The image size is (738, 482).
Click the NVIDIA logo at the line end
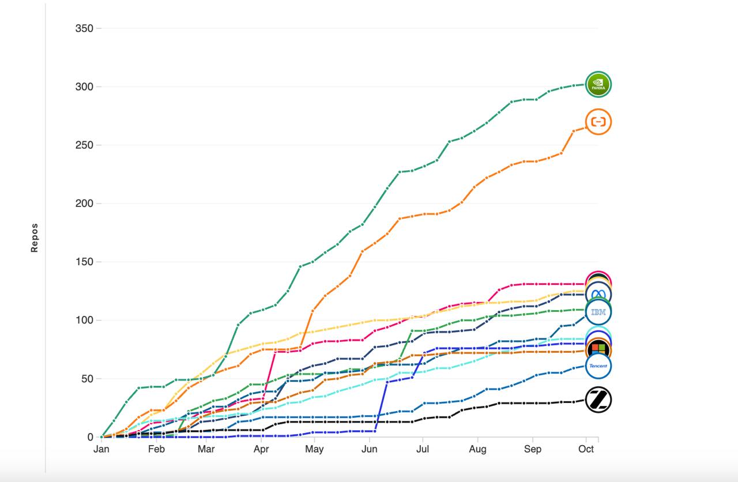[x=598, y=85]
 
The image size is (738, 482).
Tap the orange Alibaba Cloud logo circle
[x=598, y=122]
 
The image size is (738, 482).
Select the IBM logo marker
[x=598, y=312]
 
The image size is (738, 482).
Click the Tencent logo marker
[x=598, y=366]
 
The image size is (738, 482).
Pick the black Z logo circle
[x=598, y=400]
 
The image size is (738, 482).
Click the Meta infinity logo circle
[x=598, y=295]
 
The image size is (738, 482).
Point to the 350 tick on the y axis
[x=84, y=28]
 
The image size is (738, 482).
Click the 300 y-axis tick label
[x=84, y=86]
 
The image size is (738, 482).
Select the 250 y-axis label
[x=84, y=145]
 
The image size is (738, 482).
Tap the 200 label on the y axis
[x=84, y=204]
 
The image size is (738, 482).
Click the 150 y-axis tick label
[x=84, y=262]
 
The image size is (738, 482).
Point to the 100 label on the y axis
[x=84, y=321]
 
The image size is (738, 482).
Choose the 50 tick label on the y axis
[x=86, y=379]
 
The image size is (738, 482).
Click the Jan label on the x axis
[x=101, y=449]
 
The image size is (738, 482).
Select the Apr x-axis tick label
[x=261, y=449]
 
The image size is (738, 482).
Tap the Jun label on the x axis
[x=368, y=449]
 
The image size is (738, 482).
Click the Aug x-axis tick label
[x=477, y=449]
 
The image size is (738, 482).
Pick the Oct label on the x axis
[x=586, y=449]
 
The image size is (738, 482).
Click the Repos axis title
[x=35, y=238]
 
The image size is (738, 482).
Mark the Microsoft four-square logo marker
[x=598, y=349]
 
